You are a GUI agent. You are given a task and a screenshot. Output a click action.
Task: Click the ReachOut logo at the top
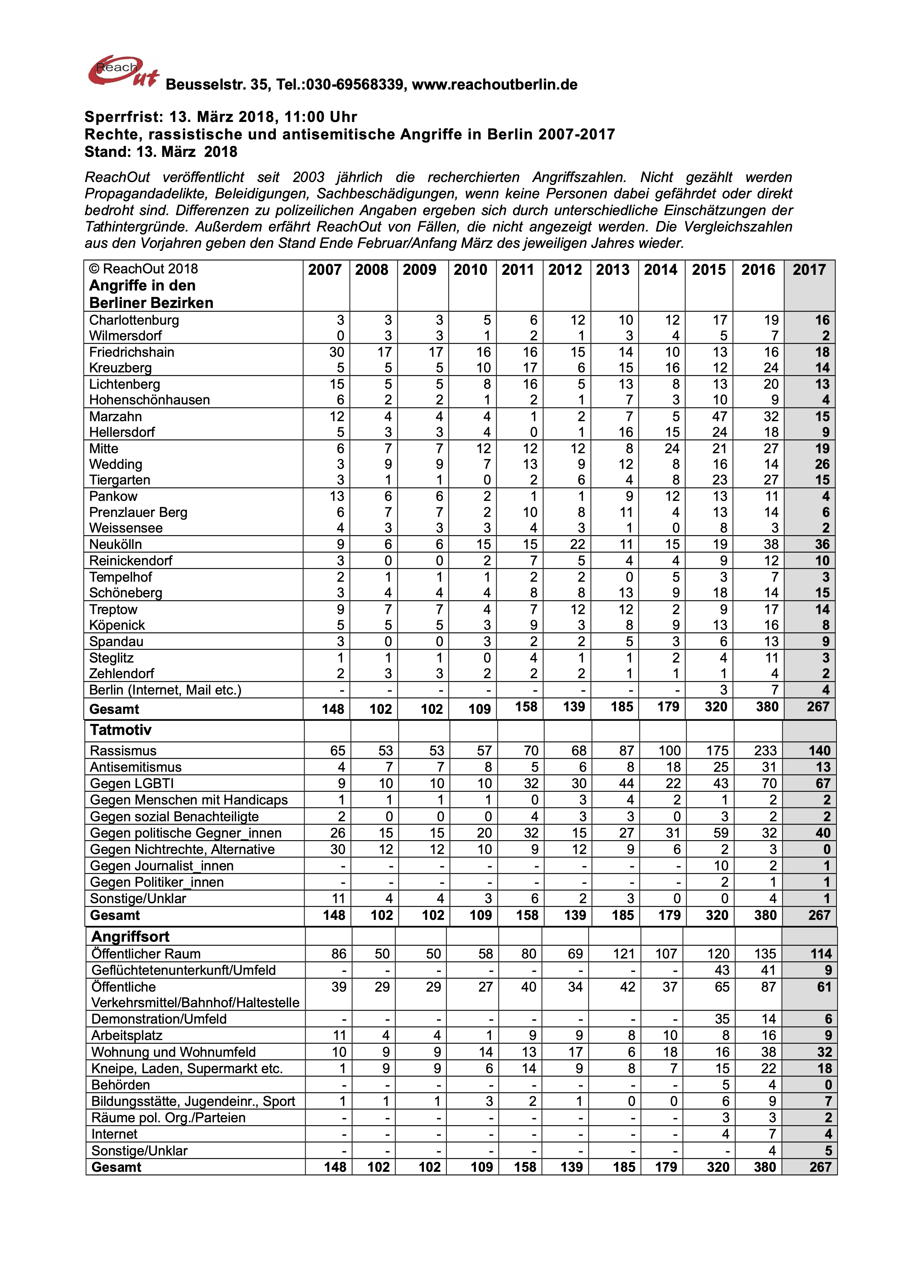coord(122,72)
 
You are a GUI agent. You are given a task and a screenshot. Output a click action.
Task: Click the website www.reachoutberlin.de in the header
coord(494,84)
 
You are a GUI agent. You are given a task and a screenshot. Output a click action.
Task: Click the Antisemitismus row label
coord(136,767)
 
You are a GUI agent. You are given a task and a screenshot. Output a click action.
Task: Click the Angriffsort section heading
coord(131,937)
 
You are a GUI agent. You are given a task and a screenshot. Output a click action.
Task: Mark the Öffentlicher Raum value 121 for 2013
coord(624,954)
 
